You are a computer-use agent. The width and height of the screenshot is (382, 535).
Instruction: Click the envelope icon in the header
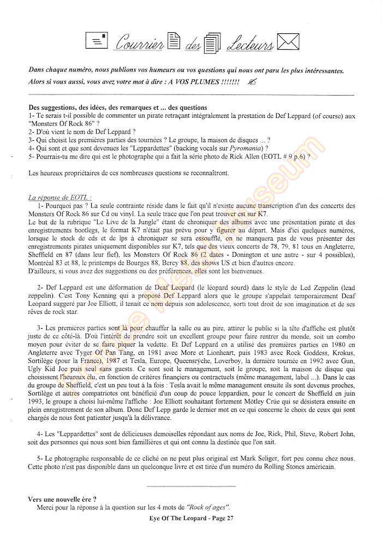[288, 42]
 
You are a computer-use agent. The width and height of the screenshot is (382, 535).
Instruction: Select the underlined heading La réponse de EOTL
[60, 197]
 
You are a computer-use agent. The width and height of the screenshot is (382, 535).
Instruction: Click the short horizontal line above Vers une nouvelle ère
[191, 485]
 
